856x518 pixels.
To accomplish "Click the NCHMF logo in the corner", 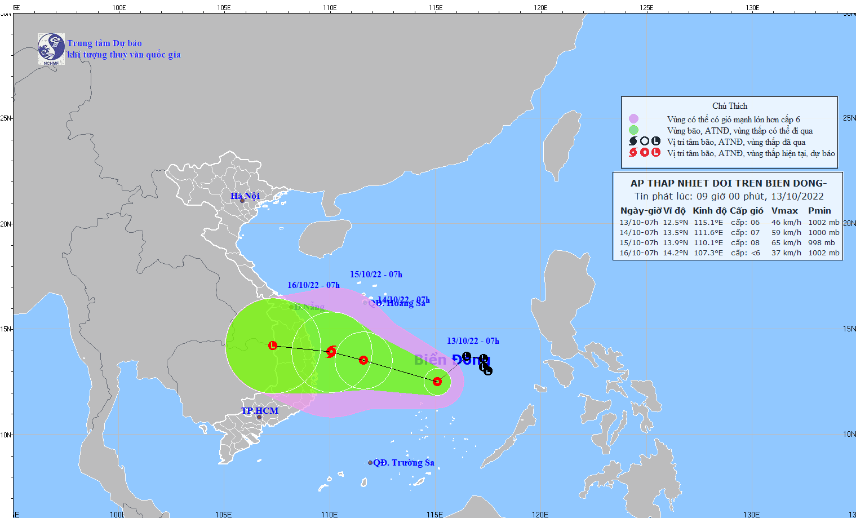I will tap(51, 48).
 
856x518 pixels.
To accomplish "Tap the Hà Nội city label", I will tap(245, 196).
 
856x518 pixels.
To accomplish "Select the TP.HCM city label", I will tap(260, 410).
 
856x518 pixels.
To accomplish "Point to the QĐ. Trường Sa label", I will tap(403, 463).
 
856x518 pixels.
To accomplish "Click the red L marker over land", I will tap(273, 346).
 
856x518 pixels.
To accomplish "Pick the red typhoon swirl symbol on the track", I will tap(331, 352).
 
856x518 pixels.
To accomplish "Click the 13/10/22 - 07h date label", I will tap(473, 341).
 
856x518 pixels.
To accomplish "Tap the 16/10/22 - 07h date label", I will tap(313, 285).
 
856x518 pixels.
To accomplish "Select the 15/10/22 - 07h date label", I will tap(376, 275).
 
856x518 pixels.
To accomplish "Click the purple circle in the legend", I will tap(633, 119).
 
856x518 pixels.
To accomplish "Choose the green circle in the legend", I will tap(633, 130).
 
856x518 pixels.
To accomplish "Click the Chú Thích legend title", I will tap(730, 106).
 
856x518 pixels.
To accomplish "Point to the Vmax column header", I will tap(784, 211).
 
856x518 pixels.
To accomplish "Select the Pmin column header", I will tap(819, 211).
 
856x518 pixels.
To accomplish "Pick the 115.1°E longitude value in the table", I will tap(708, 223).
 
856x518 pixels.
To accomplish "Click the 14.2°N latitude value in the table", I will tap(675, 253).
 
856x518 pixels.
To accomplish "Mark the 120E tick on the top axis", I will tap(540, 7).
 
